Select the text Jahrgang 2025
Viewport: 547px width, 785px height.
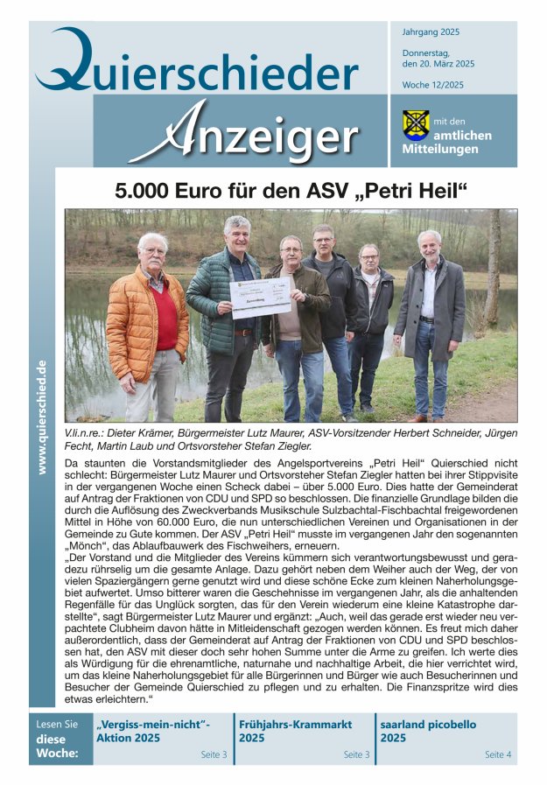click(431, 32)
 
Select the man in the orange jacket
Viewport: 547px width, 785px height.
click(152, 324)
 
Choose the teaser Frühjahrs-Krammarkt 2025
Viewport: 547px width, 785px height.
click(295, 731)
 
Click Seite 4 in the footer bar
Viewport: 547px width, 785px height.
click(498, 753)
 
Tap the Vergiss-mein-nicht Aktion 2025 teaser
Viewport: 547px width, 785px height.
click(154, 731)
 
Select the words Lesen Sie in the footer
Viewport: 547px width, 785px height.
click(57, 725)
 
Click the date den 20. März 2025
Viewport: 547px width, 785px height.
click(438, 64)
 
